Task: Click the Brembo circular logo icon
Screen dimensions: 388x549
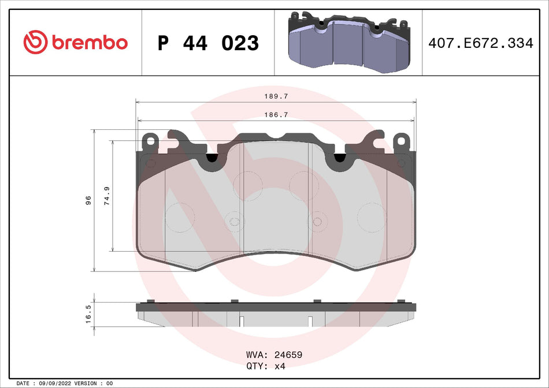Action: [35, 43]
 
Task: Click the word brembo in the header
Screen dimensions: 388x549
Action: [89, 43]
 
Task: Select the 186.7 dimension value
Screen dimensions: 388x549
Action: [276, 115]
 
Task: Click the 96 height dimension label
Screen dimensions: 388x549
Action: [88, 200]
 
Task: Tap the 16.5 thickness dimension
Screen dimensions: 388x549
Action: [88, 314]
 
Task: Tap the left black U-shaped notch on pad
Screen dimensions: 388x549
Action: [212, 156]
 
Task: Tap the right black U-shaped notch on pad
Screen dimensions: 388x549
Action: [339, 156]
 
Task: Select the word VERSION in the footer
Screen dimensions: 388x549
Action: [85, 383]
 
